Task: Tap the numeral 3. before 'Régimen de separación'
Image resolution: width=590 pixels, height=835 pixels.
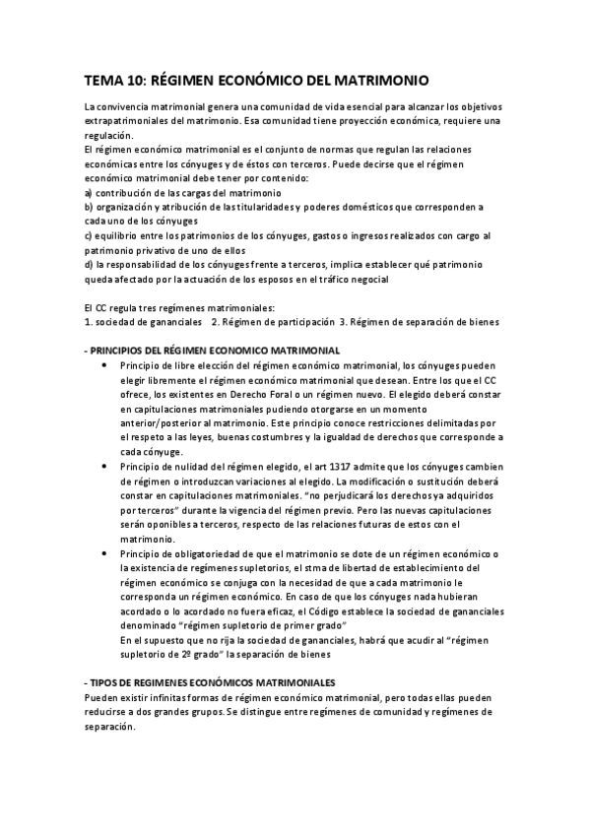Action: click(342, 322)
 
